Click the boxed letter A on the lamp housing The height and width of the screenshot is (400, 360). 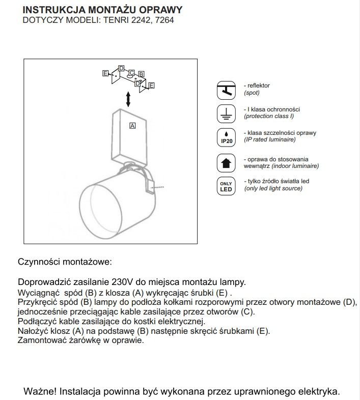pos(132,125)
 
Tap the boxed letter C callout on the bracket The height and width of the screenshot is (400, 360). pos(131,73)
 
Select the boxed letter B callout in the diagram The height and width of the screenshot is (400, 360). pos(141,74)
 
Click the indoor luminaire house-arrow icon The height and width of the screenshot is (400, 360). pos(226,163)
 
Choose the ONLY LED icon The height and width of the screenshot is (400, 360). pos(226,186)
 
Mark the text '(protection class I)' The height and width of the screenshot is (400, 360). pos(269,116)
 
